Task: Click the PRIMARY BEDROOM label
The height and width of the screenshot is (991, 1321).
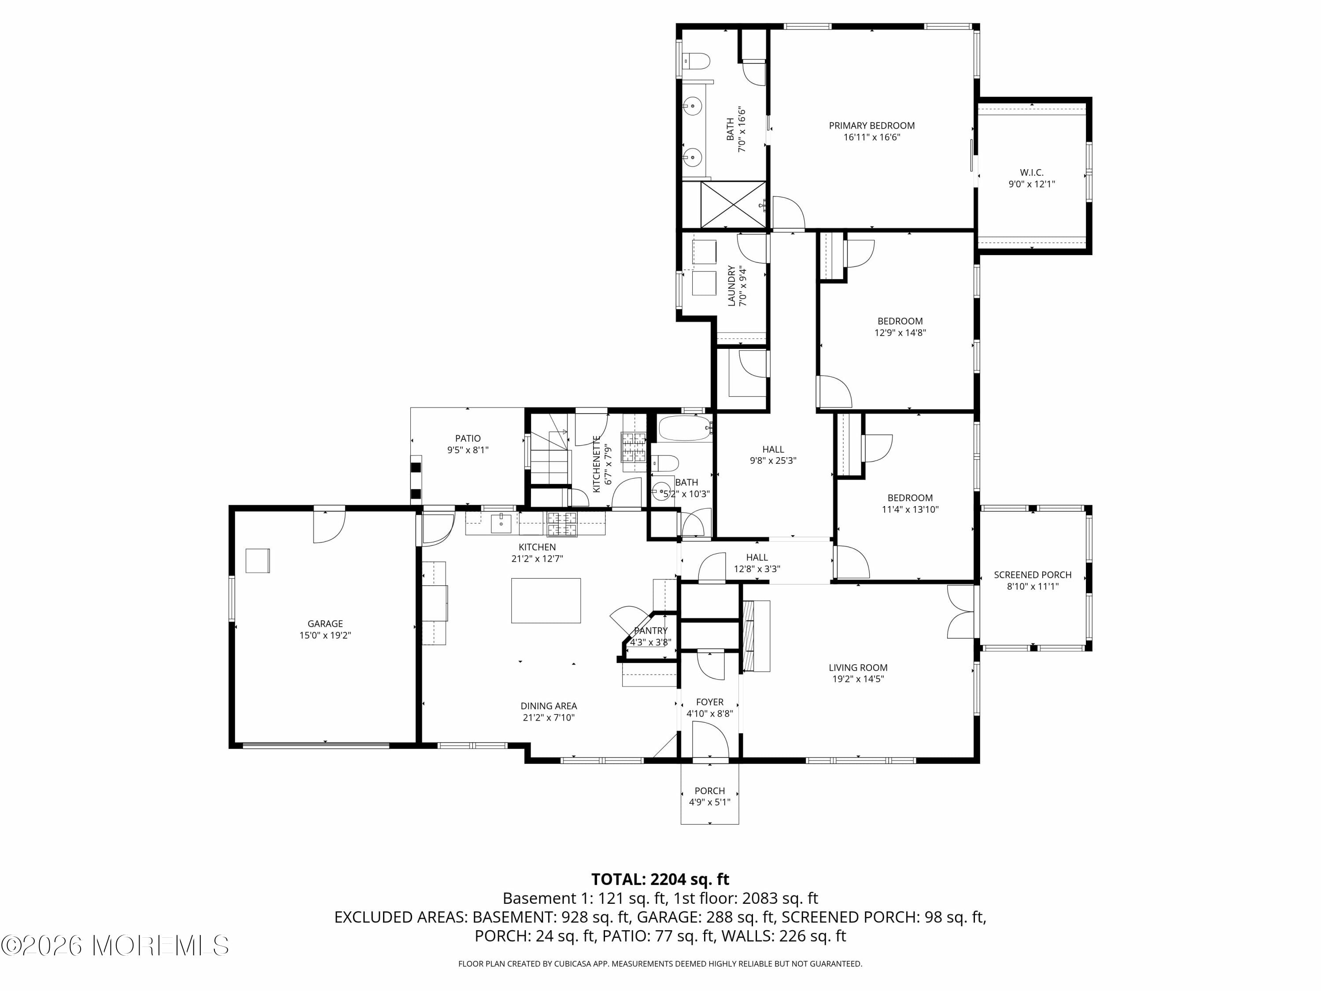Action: point(871,126)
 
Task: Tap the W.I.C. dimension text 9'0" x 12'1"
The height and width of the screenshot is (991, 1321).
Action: point(1031,184)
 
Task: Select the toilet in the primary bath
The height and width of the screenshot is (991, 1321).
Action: point(697,61)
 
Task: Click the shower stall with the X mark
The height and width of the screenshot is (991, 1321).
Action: point(733,204)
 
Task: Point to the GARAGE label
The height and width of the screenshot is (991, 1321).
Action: point(325,624)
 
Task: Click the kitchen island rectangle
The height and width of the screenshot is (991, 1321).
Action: point(545,600)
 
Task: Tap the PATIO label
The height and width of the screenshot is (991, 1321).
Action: point(468,438)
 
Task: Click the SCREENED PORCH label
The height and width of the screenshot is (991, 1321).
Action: point(1032,575)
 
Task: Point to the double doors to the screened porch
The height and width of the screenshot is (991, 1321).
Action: point(961,612)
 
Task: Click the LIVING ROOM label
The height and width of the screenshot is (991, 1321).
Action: point(858,667)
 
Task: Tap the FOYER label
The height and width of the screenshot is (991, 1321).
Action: point(709,702)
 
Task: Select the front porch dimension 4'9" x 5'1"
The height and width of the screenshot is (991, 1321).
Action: point(709,802)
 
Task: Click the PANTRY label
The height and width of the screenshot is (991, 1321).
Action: point(650,631)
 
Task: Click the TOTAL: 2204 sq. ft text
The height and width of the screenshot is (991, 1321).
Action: point(660,879)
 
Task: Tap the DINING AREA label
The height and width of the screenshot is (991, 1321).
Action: point(548,706)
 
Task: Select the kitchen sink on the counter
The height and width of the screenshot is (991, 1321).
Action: point(501,523)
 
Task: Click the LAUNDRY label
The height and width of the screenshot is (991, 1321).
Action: point(731,286)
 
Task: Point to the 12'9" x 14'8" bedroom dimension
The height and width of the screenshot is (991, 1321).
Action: point(900,333)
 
